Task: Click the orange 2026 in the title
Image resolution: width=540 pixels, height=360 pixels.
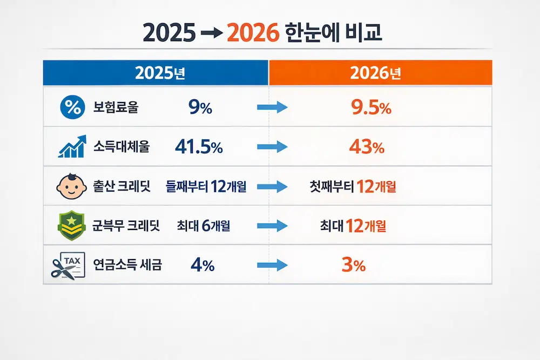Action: tap(253, 33)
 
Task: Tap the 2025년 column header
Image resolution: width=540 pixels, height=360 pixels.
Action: tap(156, 73)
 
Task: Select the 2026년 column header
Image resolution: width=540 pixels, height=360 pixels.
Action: tap(381, 73)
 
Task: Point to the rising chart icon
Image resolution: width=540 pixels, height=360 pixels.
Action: tap(71, 147)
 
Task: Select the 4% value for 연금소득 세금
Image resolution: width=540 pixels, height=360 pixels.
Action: tap(202, 266)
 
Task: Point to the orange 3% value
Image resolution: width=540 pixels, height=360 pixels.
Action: tap(354, 266)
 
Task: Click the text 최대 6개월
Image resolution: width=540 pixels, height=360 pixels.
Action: tap(203, 226)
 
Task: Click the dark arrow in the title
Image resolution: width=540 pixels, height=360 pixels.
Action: tap(211, 34)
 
